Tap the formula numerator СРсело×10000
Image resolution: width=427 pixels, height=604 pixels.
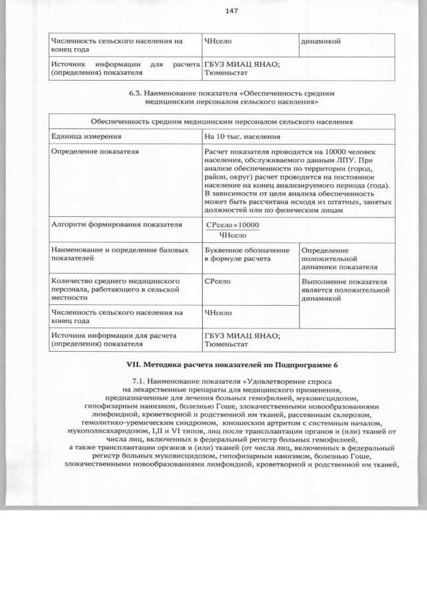click(232, 226)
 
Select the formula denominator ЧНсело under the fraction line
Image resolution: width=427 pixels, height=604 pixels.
click(233, 235)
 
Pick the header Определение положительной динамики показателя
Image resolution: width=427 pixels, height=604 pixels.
click(335, 258)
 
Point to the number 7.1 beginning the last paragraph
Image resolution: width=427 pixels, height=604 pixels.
click(139, 381)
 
